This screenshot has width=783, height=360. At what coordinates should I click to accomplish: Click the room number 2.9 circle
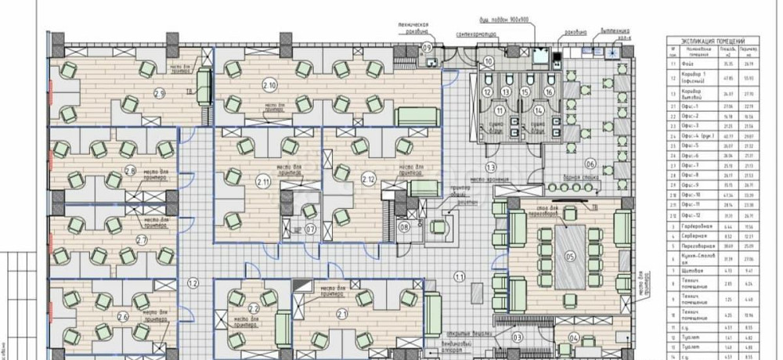159,93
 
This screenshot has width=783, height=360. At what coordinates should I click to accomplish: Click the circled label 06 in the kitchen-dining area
590,164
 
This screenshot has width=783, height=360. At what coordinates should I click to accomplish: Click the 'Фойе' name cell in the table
691,66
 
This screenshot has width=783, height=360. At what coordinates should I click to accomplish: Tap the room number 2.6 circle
122,316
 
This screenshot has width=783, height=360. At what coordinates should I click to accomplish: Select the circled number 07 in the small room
310,229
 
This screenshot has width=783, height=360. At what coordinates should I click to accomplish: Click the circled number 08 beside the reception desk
404,228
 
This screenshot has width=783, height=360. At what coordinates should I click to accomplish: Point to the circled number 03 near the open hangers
517,337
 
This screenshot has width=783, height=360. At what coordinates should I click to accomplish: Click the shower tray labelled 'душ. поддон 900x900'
539,56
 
